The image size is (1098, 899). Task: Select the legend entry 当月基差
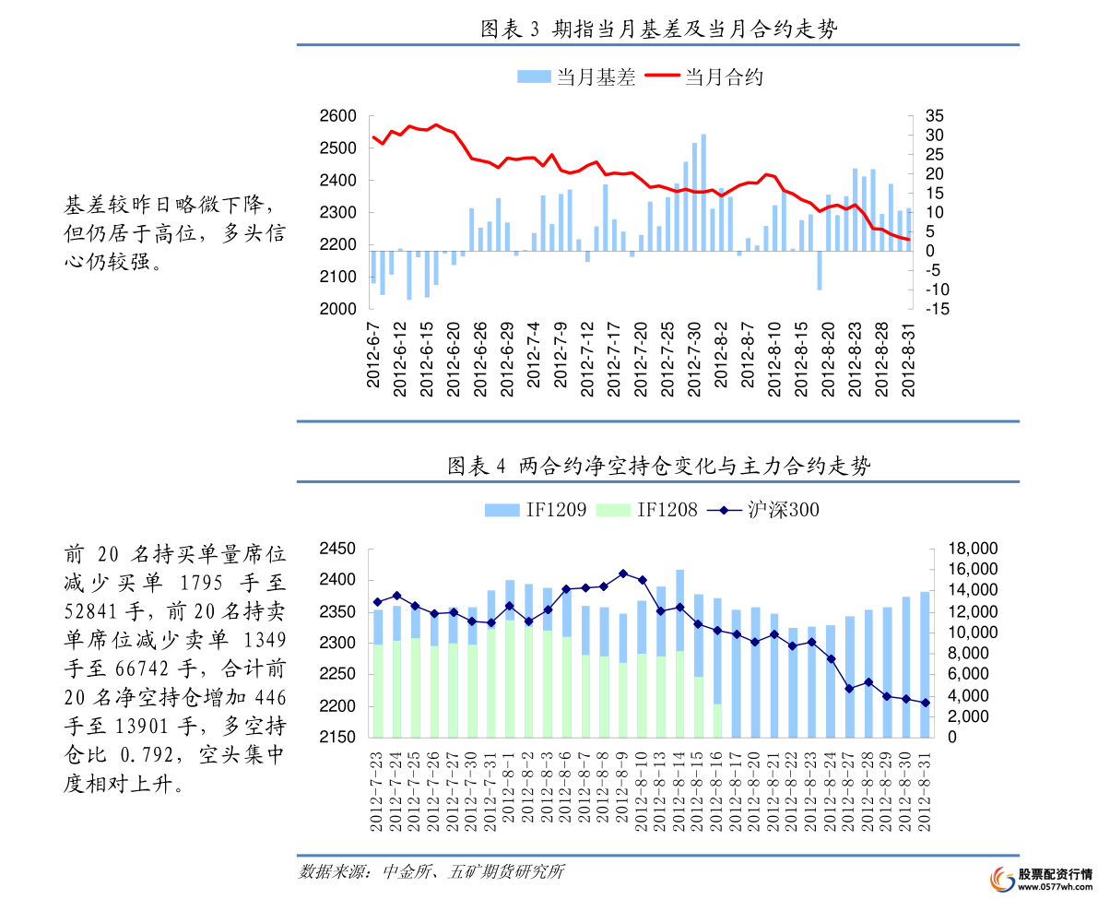[x=577, y=77]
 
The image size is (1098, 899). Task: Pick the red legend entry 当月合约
[x=704, y=77]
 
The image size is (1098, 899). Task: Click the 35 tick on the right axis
[x=934, y=116]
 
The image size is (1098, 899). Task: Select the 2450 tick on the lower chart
[x=339, y=549]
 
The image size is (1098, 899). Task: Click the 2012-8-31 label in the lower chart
[x=925, y=793]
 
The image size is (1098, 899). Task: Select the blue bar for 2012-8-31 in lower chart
[x=925, y=664]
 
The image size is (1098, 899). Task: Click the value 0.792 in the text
[x=147, y=755]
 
